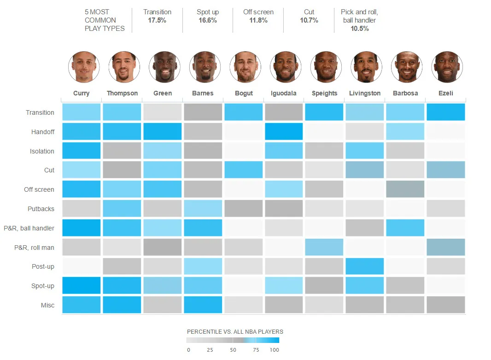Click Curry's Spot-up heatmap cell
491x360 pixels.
(82, 285)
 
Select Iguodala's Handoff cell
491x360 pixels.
(284, 131)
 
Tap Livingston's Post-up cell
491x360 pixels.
(365, 266)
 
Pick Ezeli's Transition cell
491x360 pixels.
(445, 112)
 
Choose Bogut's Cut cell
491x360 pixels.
(244, 170)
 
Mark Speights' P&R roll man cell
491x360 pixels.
(324, 247)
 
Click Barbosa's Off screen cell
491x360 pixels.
(405, 189)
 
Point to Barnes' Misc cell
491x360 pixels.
(203, 305)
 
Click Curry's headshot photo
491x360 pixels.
(84, 67)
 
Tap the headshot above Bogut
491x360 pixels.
(245, 67)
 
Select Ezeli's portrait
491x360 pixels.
(447, 67)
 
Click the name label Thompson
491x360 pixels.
(122, 93)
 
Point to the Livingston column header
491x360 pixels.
(365, 93)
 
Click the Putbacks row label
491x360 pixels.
(41, 209)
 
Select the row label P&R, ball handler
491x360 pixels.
(29, 228)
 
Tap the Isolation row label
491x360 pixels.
(42, 151)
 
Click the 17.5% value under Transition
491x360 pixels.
(157, 20)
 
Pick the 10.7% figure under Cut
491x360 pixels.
(309, 20)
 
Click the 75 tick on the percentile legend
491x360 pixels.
(256, 350)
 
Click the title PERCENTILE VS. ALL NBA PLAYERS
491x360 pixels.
(235, 331)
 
